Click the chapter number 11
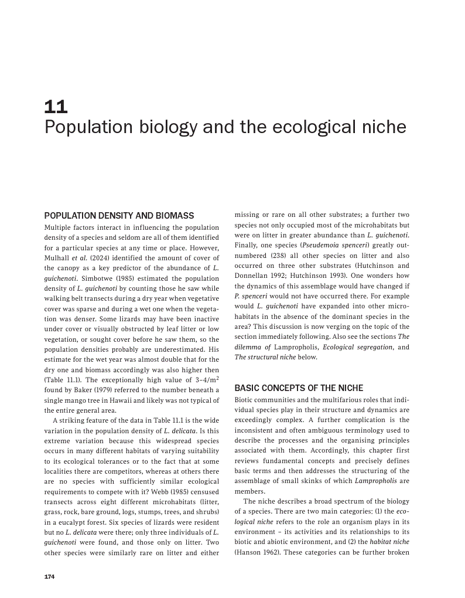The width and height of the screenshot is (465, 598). point(56,107)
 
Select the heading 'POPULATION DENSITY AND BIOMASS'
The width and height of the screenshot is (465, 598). point(119,216)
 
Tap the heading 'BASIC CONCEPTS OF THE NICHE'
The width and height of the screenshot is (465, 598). point(299,388)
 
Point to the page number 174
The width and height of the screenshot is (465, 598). point(49,577)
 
